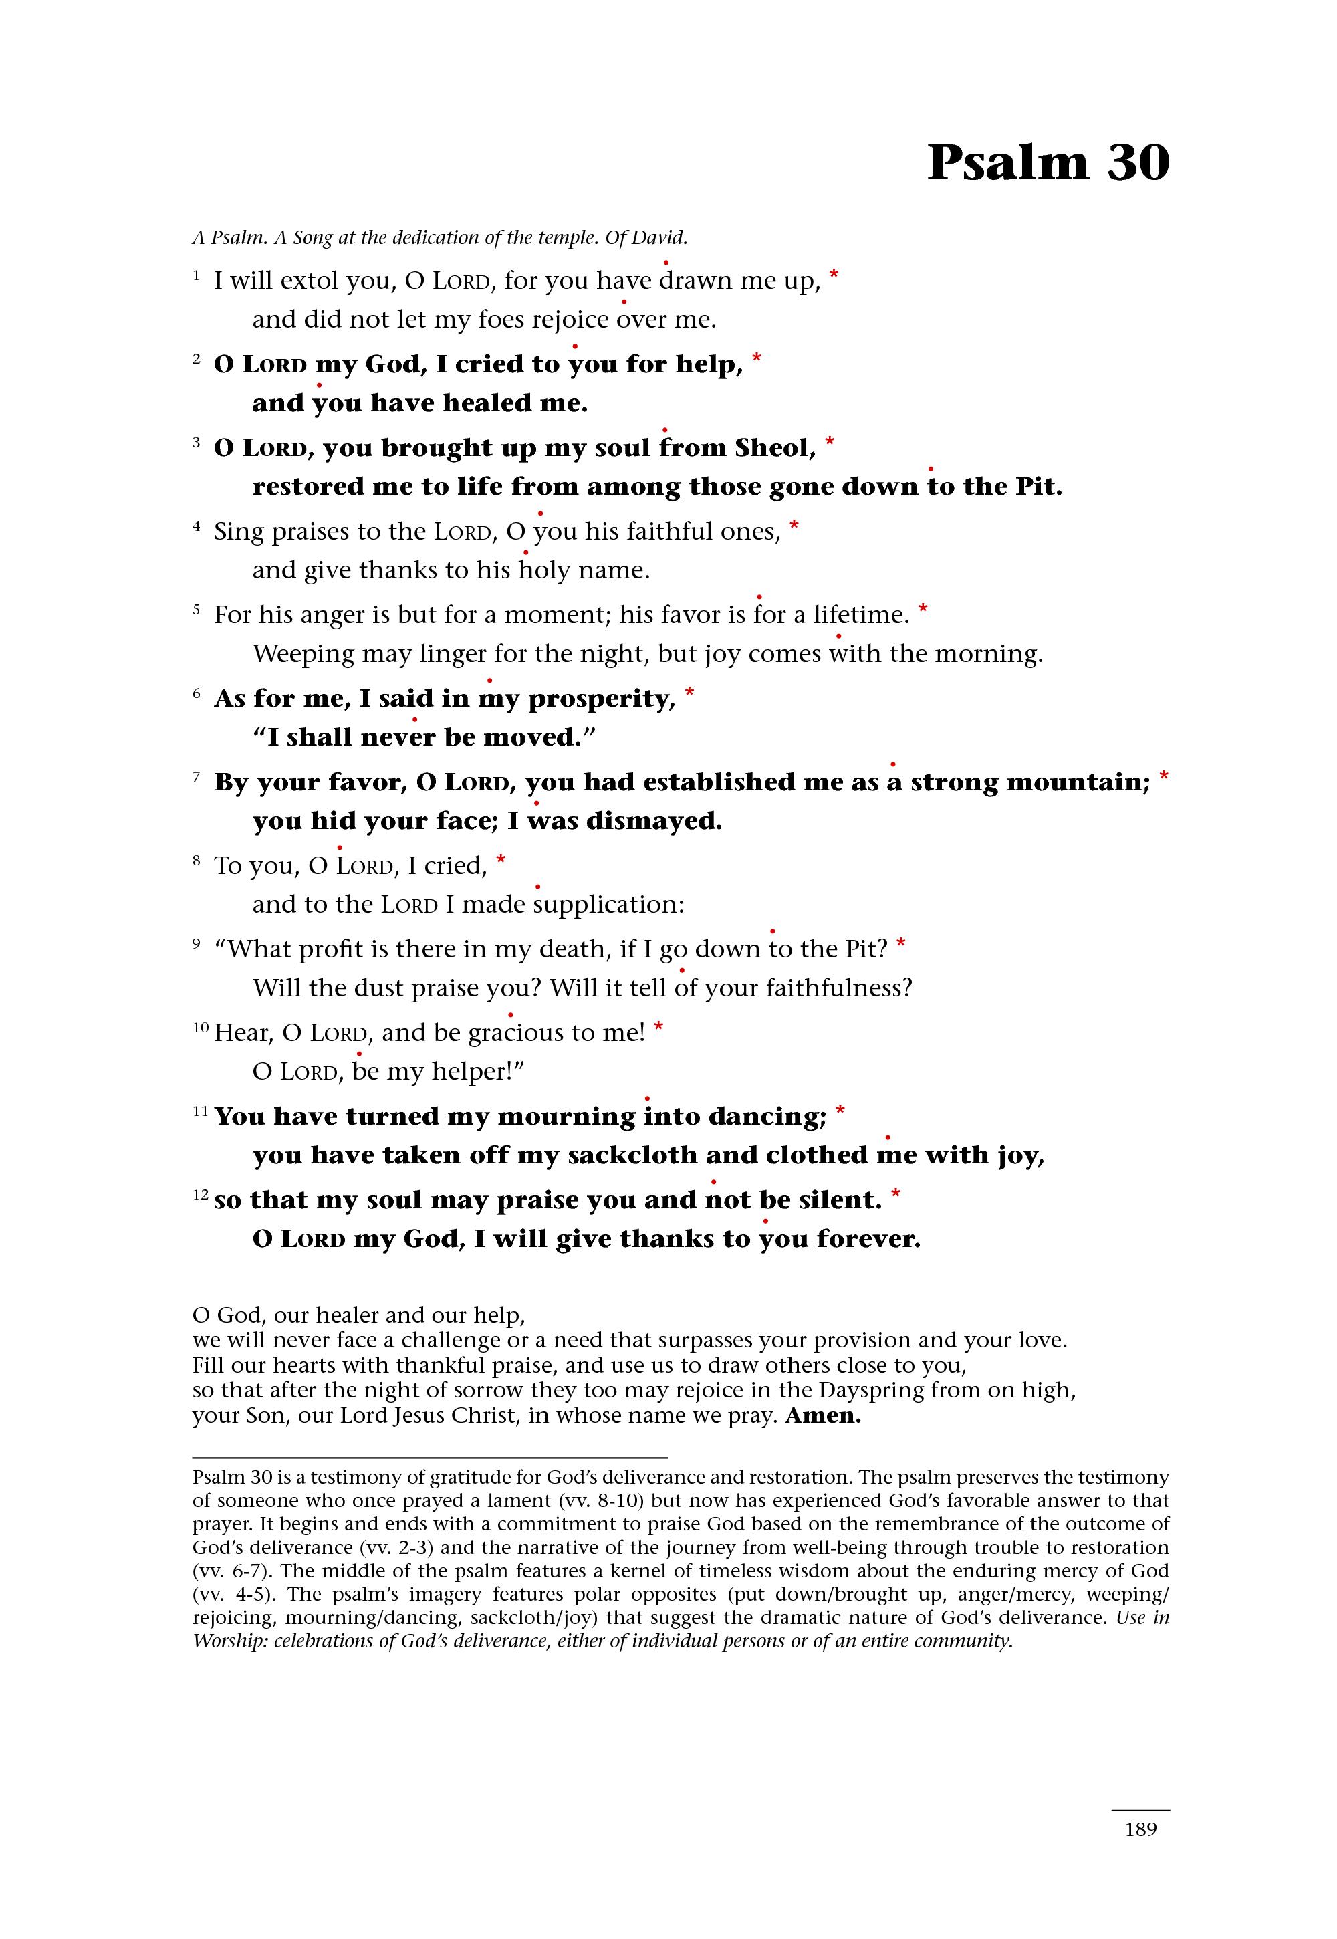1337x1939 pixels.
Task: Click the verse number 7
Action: (x=197, y=777)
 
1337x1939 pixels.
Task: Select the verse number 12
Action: (x=200, y=1195)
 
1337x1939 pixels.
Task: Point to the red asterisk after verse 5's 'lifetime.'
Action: (x=923, y=609)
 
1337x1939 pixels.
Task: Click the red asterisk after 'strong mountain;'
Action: (x=1164, y=777)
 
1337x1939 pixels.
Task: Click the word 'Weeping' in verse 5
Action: (x=303, y=655)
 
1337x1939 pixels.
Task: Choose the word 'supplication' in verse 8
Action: (x=608, y=905)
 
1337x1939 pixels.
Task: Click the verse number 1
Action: (x=196, y=275)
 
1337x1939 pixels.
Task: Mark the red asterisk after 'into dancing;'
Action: (x=840, y=1111)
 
